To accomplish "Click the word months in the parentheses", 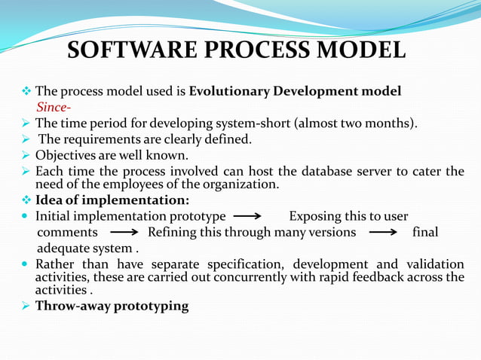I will [x=389, y=123].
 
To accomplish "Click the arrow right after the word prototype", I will [x=247, y=217].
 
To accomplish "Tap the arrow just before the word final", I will [x=384, y=233].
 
